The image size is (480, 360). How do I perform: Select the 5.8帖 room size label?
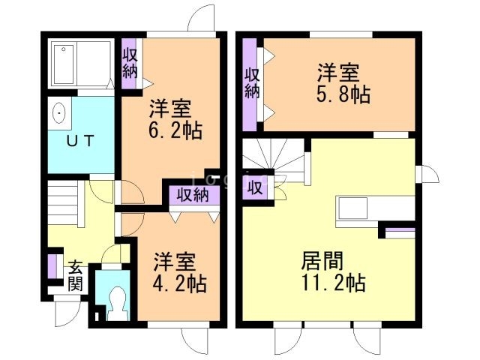point(343,96)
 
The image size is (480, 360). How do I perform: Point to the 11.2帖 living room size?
point(334,283)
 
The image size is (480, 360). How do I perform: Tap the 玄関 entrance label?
point(76,274)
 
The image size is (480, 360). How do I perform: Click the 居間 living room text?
point(322,262)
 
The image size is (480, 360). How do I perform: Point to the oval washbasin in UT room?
point(59,115)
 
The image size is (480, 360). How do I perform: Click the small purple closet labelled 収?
point(254,187)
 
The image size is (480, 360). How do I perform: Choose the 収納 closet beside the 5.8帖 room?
point(251,82)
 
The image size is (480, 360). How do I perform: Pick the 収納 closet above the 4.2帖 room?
point(193,194)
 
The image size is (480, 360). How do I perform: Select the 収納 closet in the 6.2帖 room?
point(130,63)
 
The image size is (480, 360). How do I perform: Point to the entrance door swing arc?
point(64,313)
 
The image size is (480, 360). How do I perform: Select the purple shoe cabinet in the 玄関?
point(52,267)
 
